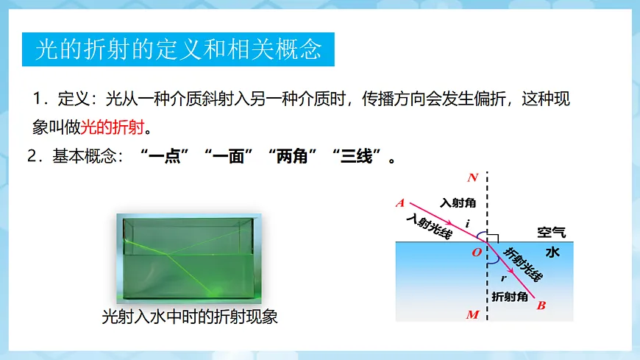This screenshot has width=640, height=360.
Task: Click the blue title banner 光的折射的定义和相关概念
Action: tap(179, 49)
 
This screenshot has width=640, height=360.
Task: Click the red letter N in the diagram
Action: tap(473, 177)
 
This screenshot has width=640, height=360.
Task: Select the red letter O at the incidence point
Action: tap(476, 253)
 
